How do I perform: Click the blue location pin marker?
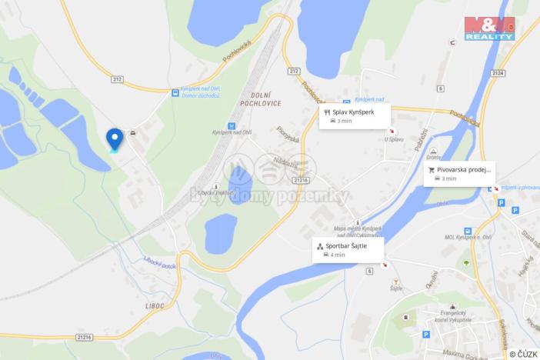[115, 138]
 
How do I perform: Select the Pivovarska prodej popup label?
[459, 173]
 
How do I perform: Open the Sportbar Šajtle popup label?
[347, 249]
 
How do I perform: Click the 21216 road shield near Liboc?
[85, 337]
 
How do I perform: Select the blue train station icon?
[232, 125]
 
